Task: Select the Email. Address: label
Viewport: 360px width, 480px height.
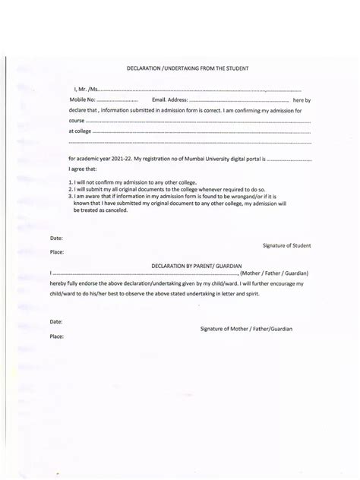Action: pos(169,100)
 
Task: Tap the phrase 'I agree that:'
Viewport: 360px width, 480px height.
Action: pos(83,169)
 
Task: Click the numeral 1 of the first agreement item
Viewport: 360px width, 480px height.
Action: pos(70,182)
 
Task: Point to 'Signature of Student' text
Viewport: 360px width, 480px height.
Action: pos(286,245)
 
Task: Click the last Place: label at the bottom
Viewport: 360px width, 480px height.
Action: pos(57,334)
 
